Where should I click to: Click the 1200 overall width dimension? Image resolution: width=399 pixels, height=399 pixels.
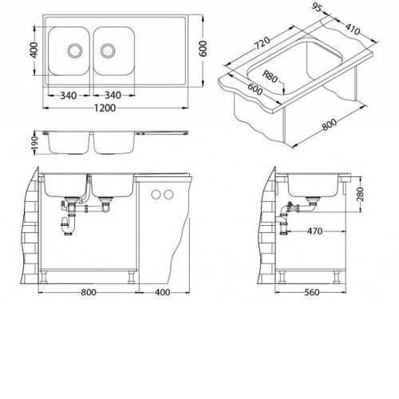(x=105, y=108)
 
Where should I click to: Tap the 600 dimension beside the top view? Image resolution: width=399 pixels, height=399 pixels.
(x=203, y=49)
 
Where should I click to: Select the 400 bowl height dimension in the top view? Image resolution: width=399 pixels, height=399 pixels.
(x=34, y=49)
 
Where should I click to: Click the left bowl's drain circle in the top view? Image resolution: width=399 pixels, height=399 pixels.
(x=75, y=50)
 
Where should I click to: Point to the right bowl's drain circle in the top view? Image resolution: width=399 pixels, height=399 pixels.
(x=108, y=50)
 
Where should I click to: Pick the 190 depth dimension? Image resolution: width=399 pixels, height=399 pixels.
(x=35, y=143)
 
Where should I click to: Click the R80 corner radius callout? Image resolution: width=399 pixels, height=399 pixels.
(x=270, y=77)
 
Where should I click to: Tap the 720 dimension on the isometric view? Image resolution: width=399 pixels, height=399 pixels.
(x=263, y=43)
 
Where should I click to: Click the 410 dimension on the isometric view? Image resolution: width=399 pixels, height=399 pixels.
(x=353, y=29)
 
